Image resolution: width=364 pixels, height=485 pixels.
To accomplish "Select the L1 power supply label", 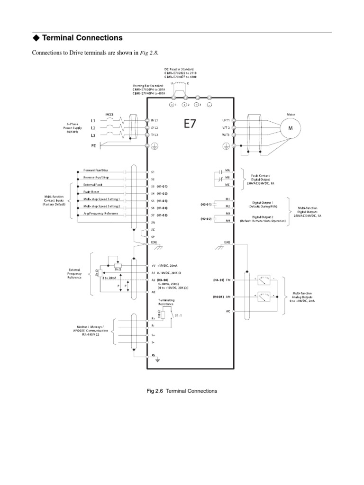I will click(x=93, y=121).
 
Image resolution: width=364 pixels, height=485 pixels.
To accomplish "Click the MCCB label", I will click(x=110, y=114).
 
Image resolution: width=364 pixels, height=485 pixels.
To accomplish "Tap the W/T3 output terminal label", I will click(x=224, y=135).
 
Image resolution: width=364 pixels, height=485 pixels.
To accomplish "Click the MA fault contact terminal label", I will click(x=227, y=170).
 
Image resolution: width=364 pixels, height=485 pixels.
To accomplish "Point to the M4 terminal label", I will click(x=227, y=221).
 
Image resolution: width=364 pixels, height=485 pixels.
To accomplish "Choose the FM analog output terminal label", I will click(x=228, y=280).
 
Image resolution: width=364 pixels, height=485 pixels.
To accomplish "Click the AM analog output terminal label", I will click(x=228, y=296).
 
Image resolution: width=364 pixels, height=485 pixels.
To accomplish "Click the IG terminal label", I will click(x=153, y=355).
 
